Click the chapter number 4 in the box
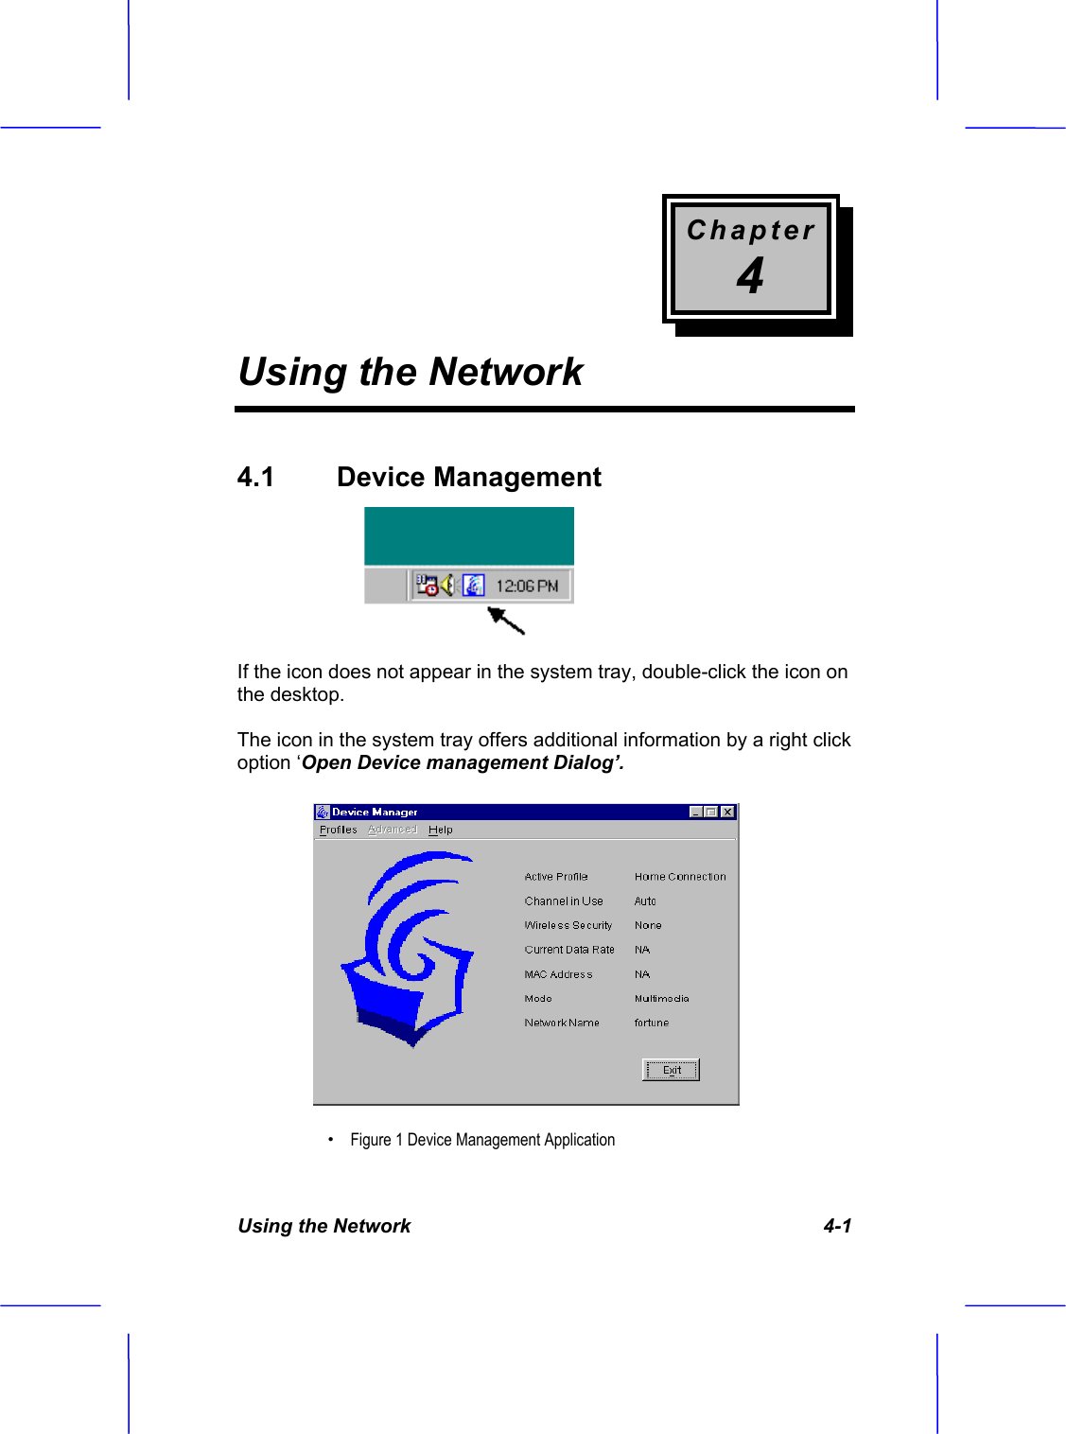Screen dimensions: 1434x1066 (750, 276)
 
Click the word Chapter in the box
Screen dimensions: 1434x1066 (750, 230)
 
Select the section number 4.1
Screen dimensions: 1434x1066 (255, 477)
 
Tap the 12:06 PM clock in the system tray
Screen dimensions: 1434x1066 (527, 586)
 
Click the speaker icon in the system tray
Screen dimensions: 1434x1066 (447, 586)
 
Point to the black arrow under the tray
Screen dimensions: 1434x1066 (506, 621)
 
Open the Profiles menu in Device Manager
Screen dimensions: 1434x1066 (338, 830)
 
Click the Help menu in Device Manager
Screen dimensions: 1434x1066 (440, 830)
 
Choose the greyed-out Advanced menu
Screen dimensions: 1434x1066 (392, 830)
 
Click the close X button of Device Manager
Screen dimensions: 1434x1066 (727, 812)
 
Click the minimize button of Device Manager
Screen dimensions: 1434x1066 (697, 812)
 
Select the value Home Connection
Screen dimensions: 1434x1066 (680, 877)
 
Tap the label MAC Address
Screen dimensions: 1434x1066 (558, 974)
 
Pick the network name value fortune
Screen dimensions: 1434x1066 (651, 1023)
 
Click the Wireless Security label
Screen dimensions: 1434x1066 (568, 925)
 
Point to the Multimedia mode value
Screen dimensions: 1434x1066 (661, 998)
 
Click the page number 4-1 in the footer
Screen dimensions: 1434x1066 (837, 1226)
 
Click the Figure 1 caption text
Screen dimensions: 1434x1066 (482, 1140)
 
